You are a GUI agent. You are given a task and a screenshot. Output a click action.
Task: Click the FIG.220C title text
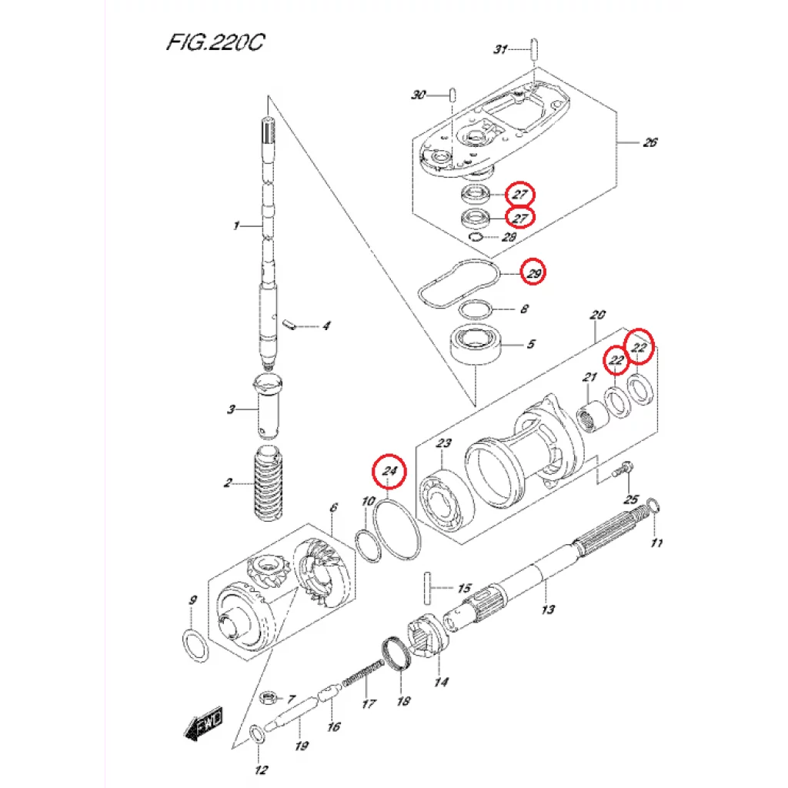215,42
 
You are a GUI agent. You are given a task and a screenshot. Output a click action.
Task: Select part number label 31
500,50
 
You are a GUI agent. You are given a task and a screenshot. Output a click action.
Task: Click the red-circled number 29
532,273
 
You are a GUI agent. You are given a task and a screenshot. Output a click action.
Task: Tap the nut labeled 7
269,698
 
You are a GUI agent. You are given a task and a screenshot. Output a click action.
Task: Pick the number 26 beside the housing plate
650,142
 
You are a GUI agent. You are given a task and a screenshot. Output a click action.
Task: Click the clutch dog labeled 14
426,638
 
